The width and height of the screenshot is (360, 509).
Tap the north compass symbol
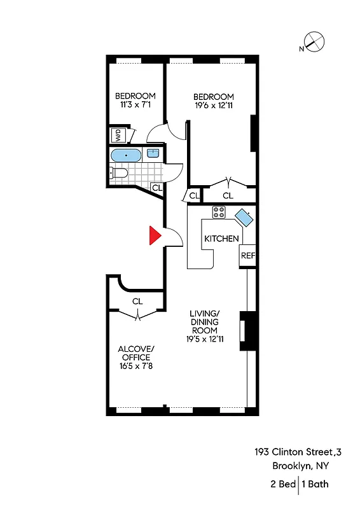[315, 43]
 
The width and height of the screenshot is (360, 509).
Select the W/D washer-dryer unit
[118, 136]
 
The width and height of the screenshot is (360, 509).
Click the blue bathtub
[127, 155]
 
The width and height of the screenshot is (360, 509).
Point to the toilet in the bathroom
[119, 172]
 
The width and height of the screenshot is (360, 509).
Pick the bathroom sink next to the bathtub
[153, 153]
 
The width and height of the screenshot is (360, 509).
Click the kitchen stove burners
[219, 213]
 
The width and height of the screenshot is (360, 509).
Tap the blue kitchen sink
[246, 218]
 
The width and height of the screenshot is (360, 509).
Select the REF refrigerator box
[247, 256]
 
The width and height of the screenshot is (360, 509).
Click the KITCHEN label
[221, 239]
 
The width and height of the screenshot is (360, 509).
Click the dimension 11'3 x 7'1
[135, 106]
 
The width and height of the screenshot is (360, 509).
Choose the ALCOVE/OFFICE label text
[136, 354]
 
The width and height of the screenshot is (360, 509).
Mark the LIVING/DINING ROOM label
[204, 322]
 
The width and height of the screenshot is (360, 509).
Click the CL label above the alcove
[137, 301]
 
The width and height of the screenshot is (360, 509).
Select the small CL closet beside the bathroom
[157, 188]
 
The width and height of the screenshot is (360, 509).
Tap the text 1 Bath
[315, 484]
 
